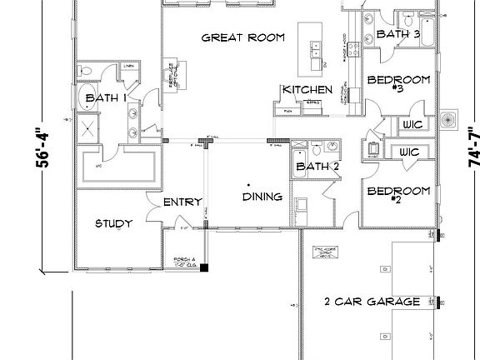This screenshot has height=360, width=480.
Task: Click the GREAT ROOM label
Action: tap(243, 37)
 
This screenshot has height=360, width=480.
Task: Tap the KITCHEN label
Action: tap(307, 90)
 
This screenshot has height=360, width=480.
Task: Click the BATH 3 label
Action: tap(397, 34)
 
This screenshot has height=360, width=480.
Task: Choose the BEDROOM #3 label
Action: tap(398, 86)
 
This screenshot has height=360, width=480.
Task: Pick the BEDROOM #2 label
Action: tap(398, 195)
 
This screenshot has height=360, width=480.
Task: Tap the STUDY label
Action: tap(114, 223)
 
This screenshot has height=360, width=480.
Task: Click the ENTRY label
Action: tap(181, 202)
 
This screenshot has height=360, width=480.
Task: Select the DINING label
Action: tap(262, 197)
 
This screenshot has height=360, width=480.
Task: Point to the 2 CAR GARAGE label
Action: tap(371, 302)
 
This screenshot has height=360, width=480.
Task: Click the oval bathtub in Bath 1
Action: tap(88, 99)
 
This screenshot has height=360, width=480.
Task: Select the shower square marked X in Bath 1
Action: tap(88, 127)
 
